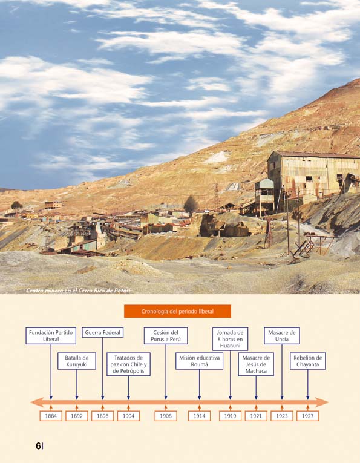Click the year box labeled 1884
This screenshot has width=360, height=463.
coord(51,416)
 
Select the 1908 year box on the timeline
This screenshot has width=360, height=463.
coord(166,416)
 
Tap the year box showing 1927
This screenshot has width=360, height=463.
coord(308,416)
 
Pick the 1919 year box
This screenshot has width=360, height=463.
coord(230,416)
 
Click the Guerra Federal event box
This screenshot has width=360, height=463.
coord(103,332)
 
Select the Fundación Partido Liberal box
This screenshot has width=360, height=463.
coord(51,336)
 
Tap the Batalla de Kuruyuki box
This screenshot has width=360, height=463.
coord(77,361)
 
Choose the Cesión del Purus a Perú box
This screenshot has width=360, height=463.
coord(166,336)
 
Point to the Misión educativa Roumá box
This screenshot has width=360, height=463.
coord(199,361)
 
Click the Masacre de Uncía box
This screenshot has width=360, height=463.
coord(282,336)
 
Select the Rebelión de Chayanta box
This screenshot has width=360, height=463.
coord(308,361)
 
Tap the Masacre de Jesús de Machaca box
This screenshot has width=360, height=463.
coord(256,364)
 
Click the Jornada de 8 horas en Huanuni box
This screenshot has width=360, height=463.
coord(230,339)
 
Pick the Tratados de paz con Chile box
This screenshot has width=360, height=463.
coord(128,364)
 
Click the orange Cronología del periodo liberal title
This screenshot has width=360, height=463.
coord(177,311)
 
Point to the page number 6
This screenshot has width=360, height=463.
coord(38,446)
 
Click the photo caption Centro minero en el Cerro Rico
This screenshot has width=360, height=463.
coord(78,291)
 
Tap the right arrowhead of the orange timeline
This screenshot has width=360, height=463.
coord(322,402)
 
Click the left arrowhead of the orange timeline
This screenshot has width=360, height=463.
coord(37,402)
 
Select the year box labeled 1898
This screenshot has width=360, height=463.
coord(103,416)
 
